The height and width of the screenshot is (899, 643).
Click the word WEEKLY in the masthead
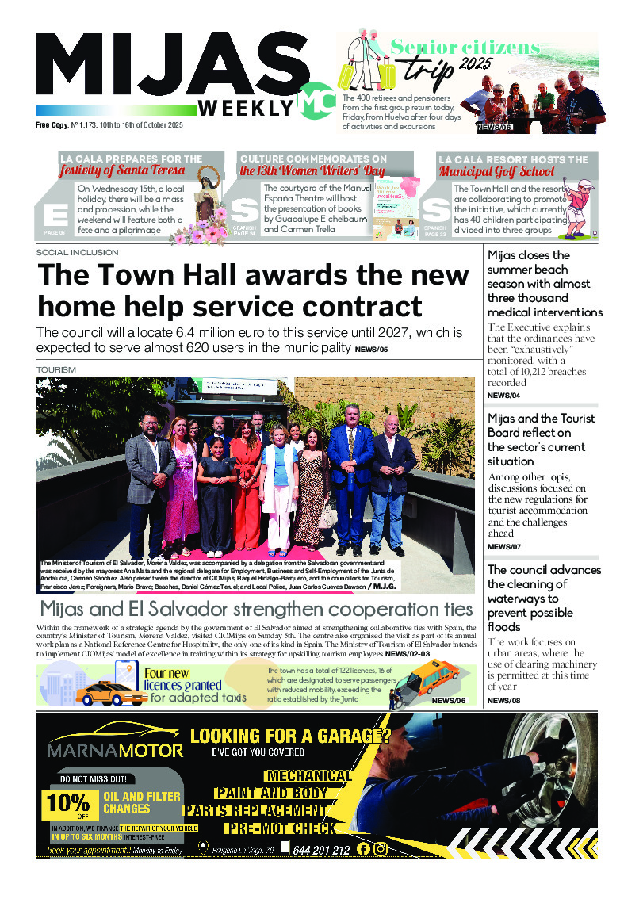(246, 107)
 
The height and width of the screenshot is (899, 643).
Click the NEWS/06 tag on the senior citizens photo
(495, 127)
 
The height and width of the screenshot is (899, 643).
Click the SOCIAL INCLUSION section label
(77, 252)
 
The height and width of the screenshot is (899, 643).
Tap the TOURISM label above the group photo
(55, 370)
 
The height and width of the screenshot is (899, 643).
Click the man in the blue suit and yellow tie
(350, 484)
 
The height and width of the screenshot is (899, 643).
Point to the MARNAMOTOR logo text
(116, 749)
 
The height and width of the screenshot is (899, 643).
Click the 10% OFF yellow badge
(68, 803)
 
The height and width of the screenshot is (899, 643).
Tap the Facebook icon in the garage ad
(363, 849)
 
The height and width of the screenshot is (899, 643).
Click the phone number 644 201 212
(321, 850)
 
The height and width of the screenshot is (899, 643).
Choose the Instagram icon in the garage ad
(381, 849)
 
